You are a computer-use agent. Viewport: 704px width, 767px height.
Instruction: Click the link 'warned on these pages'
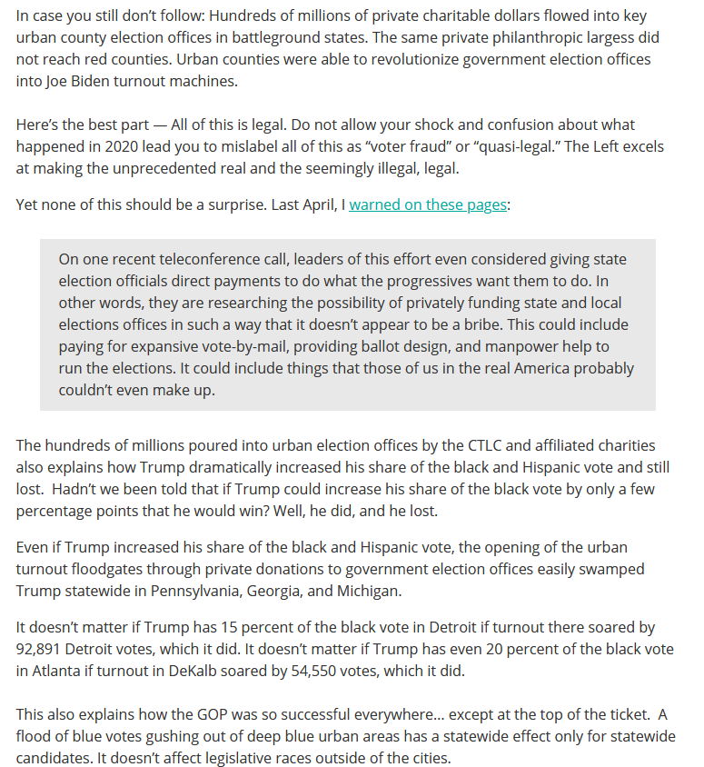(427, 204)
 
